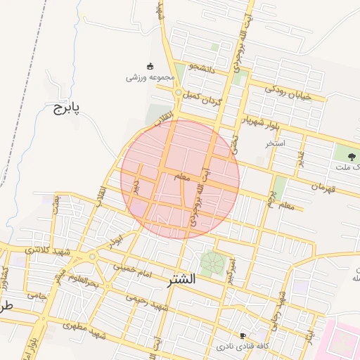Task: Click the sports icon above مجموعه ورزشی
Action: click(149, 65)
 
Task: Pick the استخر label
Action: click(275, 143)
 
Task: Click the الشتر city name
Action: click(182, 280)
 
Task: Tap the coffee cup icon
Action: click(243, 336)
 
